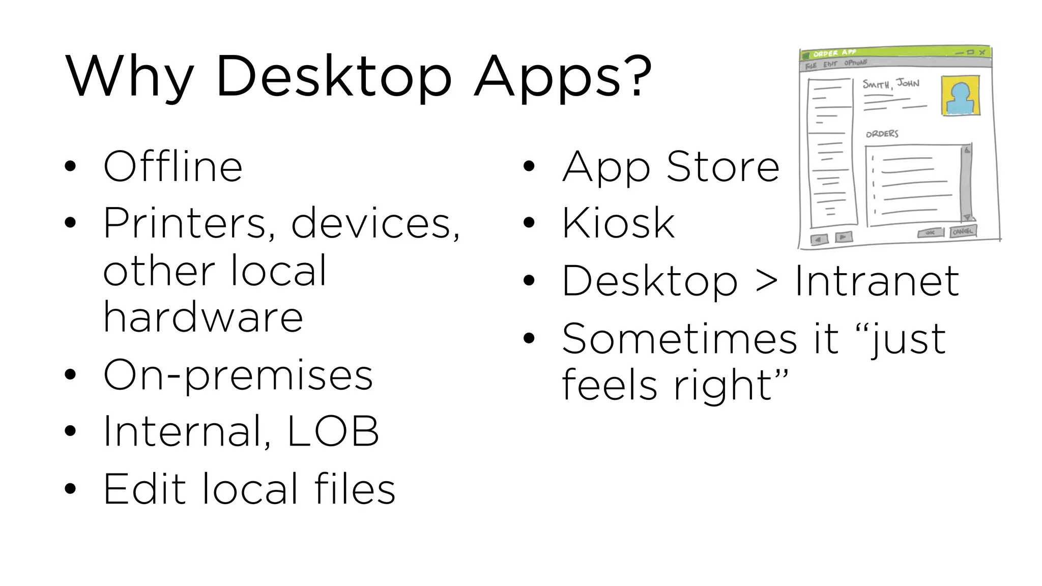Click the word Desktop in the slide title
(x=333, y=76)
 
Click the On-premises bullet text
(x=238, y=375)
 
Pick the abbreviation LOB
(x=333, y=431)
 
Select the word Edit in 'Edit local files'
(x=144, y=489)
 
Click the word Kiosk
(x=618, y=223)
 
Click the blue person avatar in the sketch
(x=960, y=97)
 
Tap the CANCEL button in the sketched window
(x=963, y=231)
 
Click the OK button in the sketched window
(x=930, y=233)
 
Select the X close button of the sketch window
(x=982, y=52)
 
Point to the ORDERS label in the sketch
(x=882, y=134)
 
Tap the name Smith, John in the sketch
(x=890, y=83)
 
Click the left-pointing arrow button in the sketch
(x=819, y=239)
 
